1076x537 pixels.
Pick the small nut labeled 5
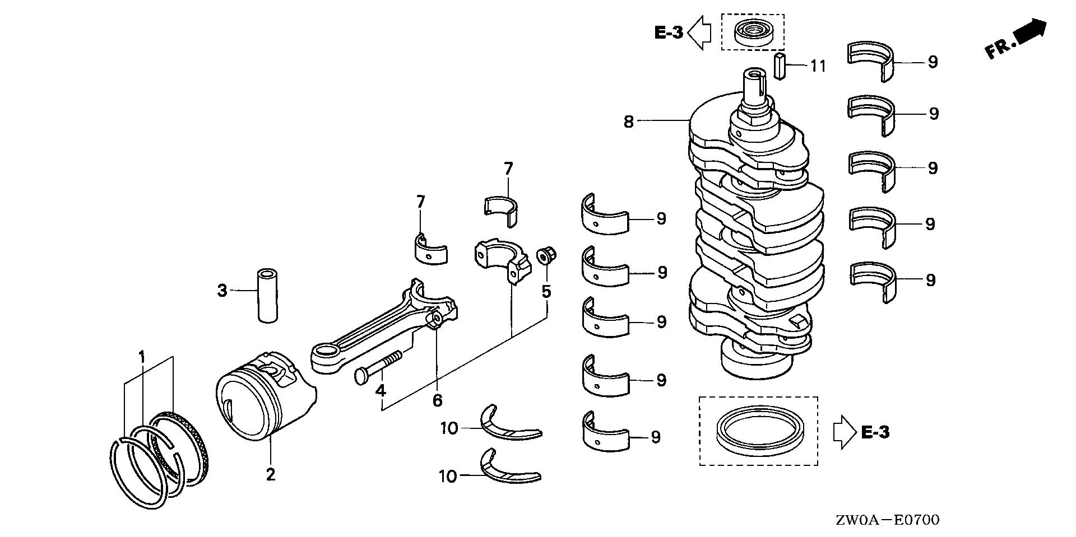pos(545,256)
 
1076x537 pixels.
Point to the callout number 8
pos(628,121)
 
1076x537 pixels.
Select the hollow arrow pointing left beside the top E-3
pos(699,33)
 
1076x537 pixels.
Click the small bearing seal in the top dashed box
pos(752,32)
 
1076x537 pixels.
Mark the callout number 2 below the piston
pos(271,475)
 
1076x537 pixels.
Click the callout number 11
pos(818,66)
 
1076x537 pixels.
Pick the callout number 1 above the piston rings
pos(142,356)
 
